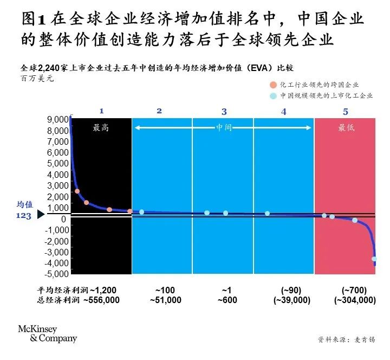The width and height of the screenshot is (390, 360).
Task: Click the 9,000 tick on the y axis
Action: (58, 119)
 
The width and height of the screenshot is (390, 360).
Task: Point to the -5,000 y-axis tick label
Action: (57, 274)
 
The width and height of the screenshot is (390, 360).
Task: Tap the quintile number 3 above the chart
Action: (224, 111)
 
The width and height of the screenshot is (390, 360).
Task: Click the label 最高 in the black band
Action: (101, 128)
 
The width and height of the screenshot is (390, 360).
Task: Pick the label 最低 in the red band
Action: (347, 128)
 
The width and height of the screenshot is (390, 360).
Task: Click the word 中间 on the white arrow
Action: (224, 128)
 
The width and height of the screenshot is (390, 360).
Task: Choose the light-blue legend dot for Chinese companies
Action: (273, 96)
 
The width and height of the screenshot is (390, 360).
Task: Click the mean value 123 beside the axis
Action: (25, 215)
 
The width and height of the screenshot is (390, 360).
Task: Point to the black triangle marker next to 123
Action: (41, 215)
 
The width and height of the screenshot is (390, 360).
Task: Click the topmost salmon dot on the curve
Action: (77, 191)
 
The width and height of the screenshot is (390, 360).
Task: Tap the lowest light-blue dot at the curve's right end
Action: (374, 259)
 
